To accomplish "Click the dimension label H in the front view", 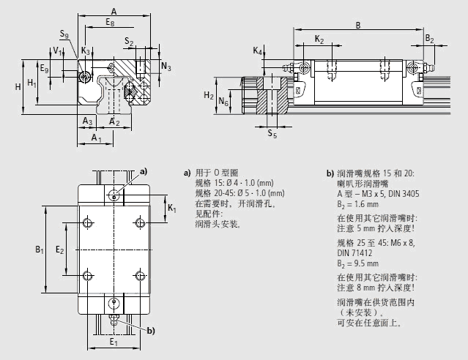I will (18, 87).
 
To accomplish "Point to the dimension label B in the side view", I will (357, 25).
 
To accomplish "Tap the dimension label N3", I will (166, 67).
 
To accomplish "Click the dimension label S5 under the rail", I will (272, 134).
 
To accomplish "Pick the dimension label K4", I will (258, 50).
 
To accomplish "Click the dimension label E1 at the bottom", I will (112, 342).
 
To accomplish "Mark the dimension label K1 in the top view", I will (172, 209).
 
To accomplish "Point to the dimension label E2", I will (60, 250).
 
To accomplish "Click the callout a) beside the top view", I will (144, 172).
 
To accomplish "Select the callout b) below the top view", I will (151, 331).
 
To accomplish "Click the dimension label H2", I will (208, 96).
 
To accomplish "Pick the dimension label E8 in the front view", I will (110, 23).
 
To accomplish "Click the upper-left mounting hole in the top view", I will (88, 222).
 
